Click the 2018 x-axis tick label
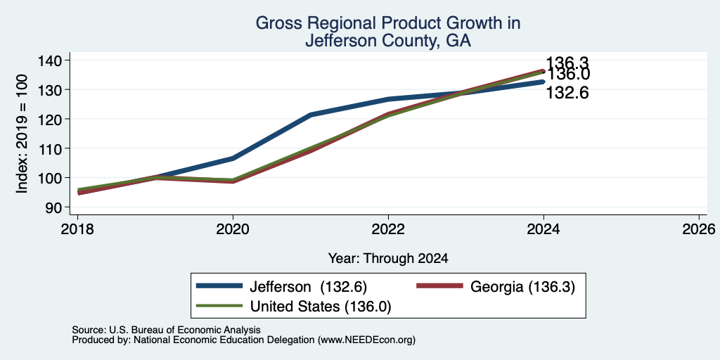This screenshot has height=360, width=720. point(77,229)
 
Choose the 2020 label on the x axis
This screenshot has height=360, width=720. point(233,229)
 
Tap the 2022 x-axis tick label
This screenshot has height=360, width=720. point(388,229)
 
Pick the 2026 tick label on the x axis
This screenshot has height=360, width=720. point(699,229)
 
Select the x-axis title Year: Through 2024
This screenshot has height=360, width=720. point(388,259)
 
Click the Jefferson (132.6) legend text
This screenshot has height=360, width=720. point(308,287)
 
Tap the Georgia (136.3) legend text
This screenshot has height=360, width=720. point(522,287)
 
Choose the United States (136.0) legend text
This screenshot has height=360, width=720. point(321,307)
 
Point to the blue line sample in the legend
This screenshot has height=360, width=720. point(219,286)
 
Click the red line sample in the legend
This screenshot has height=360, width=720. point(439,286)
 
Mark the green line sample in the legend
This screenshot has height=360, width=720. point(219,305)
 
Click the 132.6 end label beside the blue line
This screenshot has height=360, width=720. point(567,94)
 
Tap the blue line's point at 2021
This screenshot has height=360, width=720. point(311,115)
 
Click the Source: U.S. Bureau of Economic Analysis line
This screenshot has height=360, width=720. point(166,330)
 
